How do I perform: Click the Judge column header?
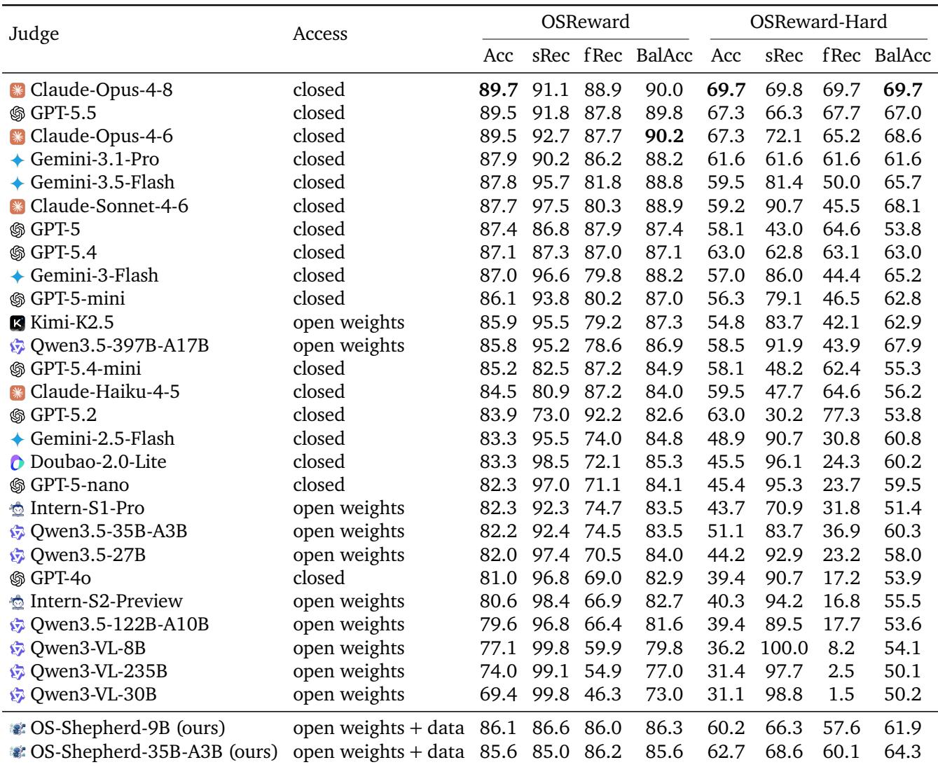34,34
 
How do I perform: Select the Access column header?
319,34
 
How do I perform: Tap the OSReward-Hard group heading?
818,21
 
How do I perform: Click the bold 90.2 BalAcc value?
664,136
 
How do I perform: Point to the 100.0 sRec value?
784,648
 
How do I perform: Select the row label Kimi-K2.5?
71,322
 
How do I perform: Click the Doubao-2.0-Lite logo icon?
17,462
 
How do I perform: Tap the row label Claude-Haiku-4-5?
105,392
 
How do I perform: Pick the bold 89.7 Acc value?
498,90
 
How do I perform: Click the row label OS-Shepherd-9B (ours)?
127,728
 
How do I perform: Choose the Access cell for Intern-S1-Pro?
348,509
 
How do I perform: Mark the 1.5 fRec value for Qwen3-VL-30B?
841,694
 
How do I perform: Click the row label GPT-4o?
60,578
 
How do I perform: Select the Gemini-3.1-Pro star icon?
17,160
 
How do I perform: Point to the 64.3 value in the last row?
902,752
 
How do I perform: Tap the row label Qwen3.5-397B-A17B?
120,345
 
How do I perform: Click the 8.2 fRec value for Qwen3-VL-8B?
841,648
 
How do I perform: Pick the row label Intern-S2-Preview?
106,601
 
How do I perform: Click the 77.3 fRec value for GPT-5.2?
841,415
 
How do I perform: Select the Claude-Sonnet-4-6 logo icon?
17,207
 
